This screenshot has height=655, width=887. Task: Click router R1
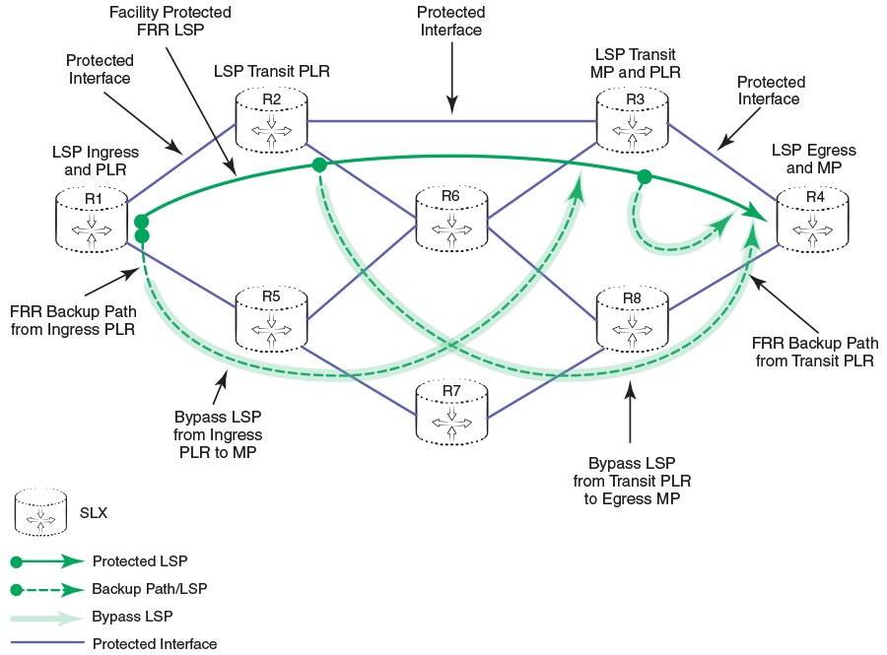point(93,220)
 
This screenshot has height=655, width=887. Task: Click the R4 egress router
point(814,218)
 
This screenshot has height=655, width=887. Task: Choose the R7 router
point(450,412)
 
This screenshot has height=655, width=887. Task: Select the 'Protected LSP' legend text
point(139,561)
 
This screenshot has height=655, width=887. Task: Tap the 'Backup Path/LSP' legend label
point(149,589)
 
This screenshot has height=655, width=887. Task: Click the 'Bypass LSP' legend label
point(132,617)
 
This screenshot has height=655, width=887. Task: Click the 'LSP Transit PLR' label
point(271,71)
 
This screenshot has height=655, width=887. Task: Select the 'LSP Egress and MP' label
point(814,159)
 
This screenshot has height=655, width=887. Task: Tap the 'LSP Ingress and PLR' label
point(96,161)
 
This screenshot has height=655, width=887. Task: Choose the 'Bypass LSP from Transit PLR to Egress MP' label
point(632,481)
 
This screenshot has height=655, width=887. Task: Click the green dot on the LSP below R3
point(644,177)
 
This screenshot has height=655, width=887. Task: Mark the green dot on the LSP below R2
point(318,165)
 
